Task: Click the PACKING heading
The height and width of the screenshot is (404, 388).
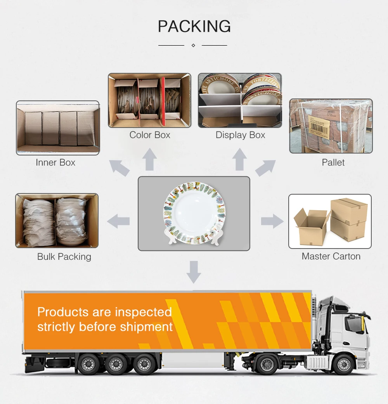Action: click(194, 27)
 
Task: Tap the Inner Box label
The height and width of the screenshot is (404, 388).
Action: click(55, 162)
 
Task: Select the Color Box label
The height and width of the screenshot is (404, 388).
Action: click(150, 135)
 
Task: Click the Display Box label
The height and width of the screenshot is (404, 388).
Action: click(240, 135)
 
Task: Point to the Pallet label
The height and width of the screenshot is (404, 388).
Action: click(333, 162)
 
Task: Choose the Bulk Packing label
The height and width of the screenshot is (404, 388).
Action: click(64, 257)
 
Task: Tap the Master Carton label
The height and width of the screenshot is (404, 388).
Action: click(331, 256)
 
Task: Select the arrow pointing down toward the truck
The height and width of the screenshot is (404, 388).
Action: click(194, 271)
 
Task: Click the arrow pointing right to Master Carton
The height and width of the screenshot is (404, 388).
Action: click(272, 221)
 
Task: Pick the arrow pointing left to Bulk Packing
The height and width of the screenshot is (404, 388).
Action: click(118, 221)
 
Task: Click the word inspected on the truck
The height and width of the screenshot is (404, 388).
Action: click(143, 312)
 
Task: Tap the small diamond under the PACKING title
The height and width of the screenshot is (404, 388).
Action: click(193, 45)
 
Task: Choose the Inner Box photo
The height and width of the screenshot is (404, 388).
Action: click(57, 128)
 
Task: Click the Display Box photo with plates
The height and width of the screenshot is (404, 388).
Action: click(240, 100)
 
